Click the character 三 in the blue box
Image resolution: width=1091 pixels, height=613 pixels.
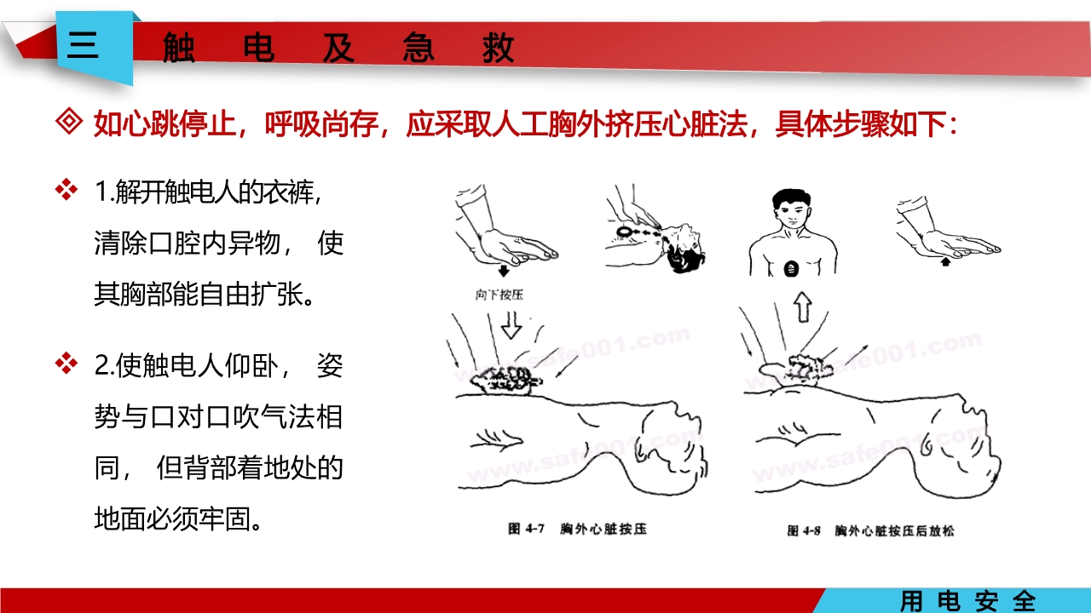pos(83,44)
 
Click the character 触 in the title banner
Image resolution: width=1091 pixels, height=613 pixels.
pos(178,49)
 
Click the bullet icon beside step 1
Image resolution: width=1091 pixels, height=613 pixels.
pos(66,189)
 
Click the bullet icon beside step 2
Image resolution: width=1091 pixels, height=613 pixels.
pos(66,364)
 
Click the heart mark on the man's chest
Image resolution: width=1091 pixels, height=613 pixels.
pos(792,269)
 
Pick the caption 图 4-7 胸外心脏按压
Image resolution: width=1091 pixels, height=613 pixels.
pos(577,530)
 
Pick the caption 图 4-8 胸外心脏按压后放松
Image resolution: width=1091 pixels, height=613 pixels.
pos(869,530)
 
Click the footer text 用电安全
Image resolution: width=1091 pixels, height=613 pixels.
pos(967,601)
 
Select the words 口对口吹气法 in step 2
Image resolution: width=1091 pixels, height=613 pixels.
pos(231,418)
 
